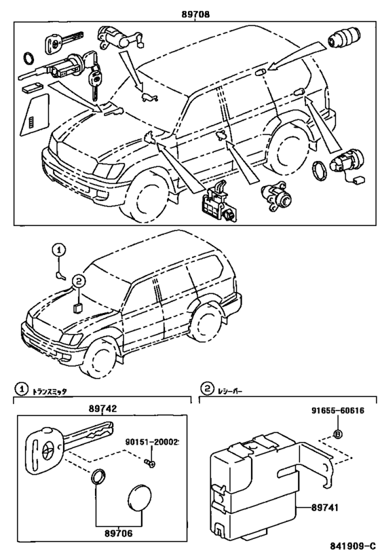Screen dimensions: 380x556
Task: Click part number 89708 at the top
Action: coord(195,14)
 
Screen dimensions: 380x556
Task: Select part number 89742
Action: coord(102,409)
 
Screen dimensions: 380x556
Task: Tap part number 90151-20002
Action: coord(152,442)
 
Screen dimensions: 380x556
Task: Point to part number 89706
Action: coord(118,533)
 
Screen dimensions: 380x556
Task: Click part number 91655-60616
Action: coord(338,411)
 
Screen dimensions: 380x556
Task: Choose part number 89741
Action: coord(325,508)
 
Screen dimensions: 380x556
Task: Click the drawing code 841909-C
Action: coord(353,545)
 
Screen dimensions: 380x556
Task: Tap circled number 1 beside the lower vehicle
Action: coord(59,250)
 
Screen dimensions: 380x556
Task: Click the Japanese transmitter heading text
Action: coord(50,392)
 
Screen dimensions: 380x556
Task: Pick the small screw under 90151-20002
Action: coord(150,463)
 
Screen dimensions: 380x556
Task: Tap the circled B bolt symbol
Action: coord(337,434)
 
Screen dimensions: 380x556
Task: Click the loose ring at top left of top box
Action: coord(28,58)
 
